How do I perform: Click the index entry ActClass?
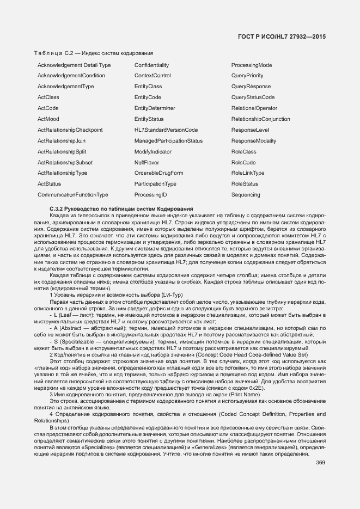[48, 97]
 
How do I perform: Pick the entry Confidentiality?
[151, 65]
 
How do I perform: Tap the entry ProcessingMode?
[251, 65]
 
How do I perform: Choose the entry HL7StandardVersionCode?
[166, 130]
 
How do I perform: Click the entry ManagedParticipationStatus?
[168, 140]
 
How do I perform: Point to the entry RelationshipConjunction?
[260, 119]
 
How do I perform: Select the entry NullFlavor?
[147, 162]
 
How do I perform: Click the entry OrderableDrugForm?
[158, 173]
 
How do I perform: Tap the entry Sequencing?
[246, 194]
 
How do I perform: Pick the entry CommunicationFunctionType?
[72, 194]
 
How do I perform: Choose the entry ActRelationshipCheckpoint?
[70, 130]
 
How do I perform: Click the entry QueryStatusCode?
[253, 97]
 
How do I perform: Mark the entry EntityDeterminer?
[155, 108]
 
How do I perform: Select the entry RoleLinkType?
[248, 173]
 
